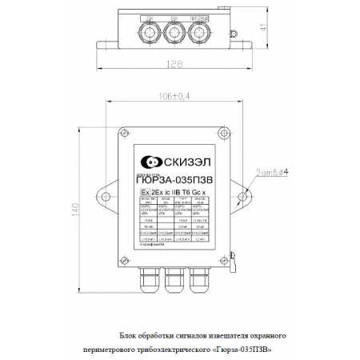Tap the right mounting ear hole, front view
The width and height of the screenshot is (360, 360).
point(239,193)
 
